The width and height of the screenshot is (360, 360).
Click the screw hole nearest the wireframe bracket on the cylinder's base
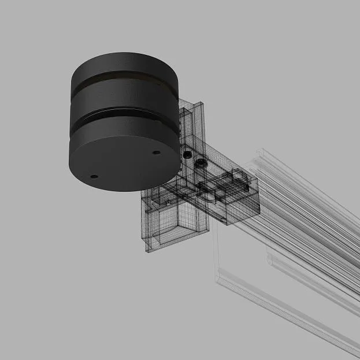point(156,153)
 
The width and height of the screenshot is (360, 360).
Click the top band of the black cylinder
point(124,62)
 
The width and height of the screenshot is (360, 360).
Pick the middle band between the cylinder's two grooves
point(124,97)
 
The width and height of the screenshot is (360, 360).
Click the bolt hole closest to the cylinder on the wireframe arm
point(187,155)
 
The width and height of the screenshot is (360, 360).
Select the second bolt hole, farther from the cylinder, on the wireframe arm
point(201,163)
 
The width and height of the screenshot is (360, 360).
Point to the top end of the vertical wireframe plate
point(191,105)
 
